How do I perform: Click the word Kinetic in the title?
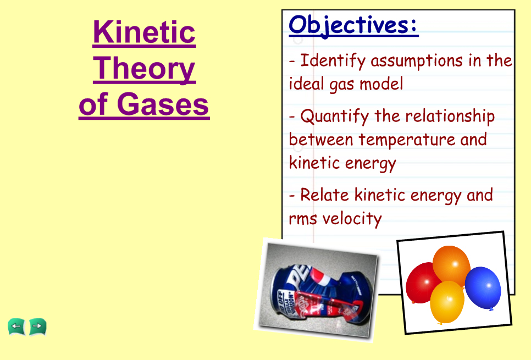(x=144, y=32)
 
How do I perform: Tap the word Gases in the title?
(x=163, y=104)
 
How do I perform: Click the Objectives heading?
(x=353, y=26)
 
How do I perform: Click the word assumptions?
(x=417, y=62)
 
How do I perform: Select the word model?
(x=381, y=84)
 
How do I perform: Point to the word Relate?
(x=324, y=195)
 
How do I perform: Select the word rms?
(x=303, y=219)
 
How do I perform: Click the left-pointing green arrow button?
(x=16, y=327)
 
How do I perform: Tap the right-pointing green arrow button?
(x=37, y=327)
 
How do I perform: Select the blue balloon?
(x=483, y=288)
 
